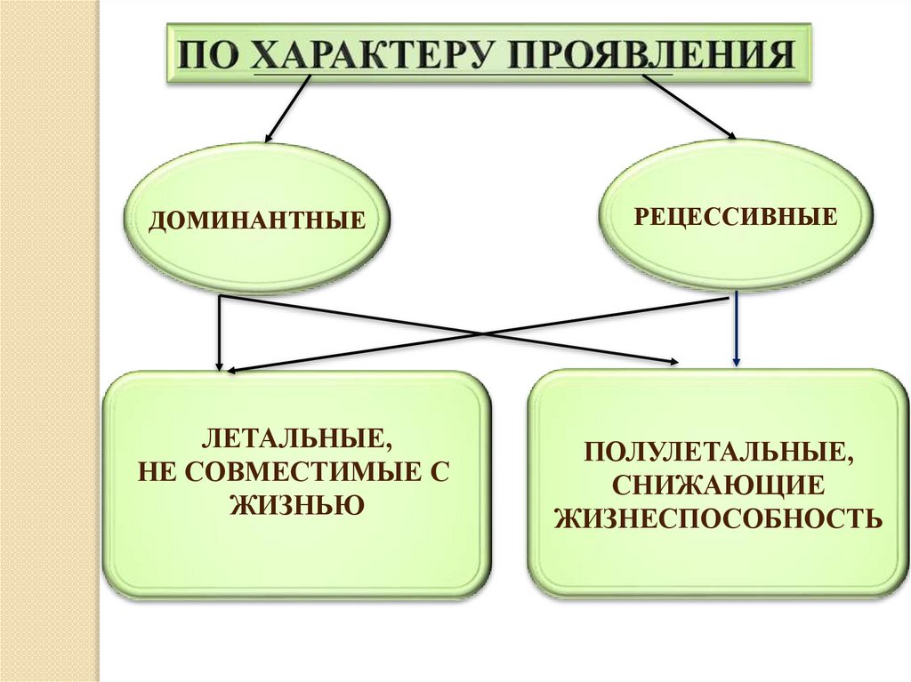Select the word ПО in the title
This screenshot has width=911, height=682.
(206, 55)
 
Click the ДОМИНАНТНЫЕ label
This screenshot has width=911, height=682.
(257, 218)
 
